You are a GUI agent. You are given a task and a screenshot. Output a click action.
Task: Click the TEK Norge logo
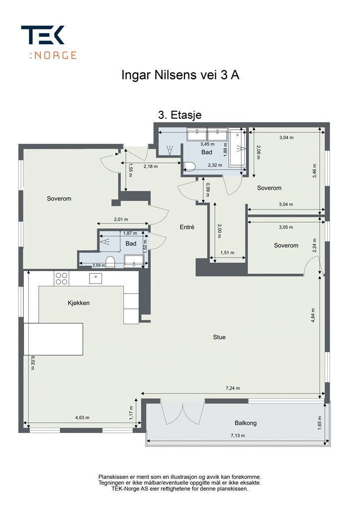(49, 42)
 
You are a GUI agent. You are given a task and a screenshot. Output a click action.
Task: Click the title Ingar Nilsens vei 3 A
(180, 75)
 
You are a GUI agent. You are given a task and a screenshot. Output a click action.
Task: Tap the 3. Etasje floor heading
(180, 115)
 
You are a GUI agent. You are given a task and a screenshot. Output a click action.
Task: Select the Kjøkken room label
(79, 303)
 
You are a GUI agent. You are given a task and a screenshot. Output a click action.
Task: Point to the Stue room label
(219, 337)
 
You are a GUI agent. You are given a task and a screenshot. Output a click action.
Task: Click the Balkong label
(246, 423)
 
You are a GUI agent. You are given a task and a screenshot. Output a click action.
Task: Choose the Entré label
(187, 227)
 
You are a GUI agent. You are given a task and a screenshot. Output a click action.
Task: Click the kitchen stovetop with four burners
(62, 279)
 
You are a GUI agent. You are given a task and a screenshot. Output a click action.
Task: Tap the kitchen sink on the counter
(96, 278)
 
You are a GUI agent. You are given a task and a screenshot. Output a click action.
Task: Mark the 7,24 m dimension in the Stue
(233, 388)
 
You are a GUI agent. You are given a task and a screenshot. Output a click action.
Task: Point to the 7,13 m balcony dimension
(238, 435)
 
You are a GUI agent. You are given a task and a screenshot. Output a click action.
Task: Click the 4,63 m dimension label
(82, 418)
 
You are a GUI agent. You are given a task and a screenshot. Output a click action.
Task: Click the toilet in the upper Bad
(189, 167)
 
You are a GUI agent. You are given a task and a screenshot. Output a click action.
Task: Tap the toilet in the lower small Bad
(111, 261)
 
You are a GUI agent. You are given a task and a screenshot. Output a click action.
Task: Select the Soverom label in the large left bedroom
(59, 198)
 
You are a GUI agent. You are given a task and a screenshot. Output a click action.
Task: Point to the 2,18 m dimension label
(151, 167)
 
